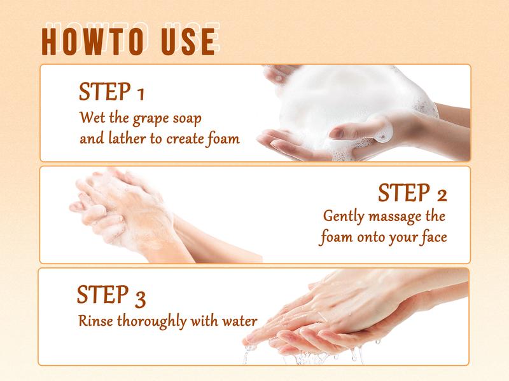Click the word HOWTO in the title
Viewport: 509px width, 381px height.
[93, 42]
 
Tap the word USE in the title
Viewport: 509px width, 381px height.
[188, 42]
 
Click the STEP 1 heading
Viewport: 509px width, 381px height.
[111, 91]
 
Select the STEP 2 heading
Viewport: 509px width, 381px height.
[412, 192]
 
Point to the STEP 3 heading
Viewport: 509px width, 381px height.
[111, 295]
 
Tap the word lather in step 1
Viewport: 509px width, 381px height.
[127, 138]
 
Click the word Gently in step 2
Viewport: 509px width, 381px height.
[344, 217]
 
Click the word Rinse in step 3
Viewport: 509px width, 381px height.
[96, 321]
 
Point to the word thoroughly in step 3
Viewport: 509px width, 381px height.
[152, 321]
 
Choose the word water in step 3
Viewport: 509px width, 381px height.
[240, 321]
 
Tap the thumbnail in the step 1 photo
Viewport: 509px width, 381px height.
[338, 132]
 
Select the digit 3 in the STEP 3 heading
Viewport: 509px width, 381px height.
[140, 298]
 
